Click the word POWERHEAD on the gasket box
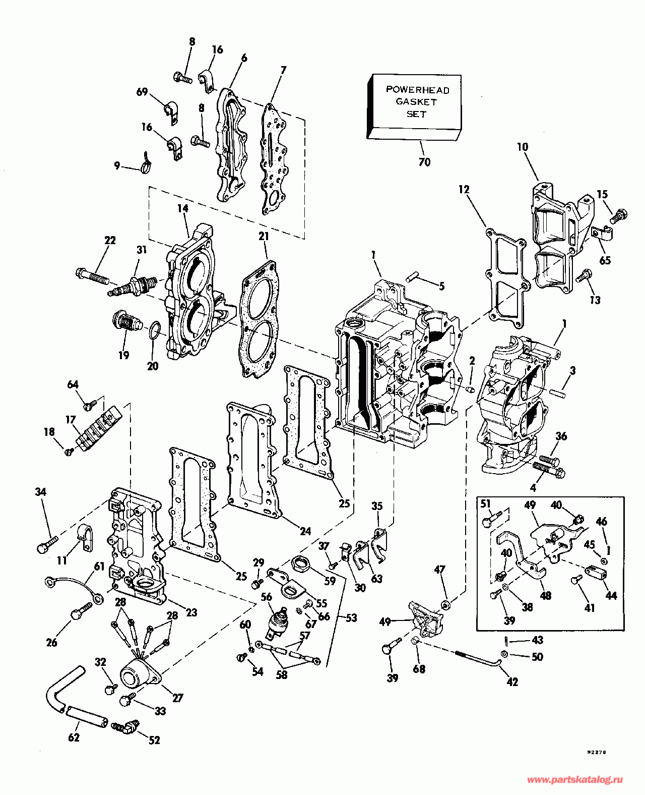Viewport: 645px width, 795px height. point(417,90)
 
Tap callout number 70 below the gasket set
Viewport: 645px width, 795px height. point(424,162)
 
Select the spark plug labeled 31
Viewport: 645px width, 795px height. point(132,286)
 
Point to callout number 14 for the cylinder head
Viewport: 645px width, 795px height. point(182,208)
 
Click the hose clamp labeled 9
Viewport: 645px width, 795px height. point(145,165)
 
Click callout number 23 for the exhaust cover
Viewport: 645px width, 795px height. point(191,612)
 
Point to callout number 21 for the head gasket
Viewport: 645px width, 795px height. point(264,236)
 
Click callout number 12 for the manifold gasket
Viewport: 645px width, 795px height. point(464,190)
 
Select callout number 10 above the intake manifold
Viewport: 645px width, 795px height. point(523,147)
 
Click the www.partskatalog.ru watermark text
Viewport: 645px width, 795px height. point(574,780)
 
